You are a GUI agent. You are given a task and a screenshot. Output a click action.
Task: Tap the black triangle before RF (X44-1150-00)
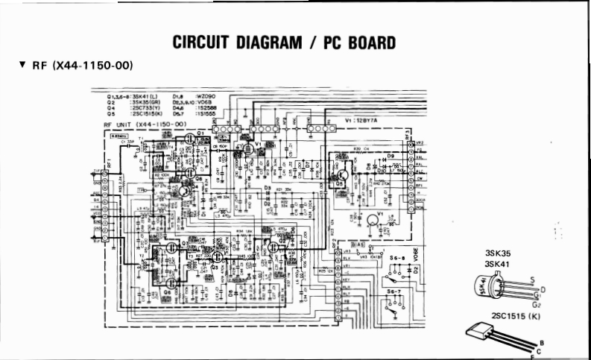coord(23,66)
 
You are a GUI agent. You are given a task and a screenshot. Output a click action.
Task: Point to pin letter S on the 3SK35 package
coord(531,280)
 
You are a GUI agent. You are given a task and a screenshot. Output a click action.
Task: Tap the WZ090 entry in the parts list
coord(204,96)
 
